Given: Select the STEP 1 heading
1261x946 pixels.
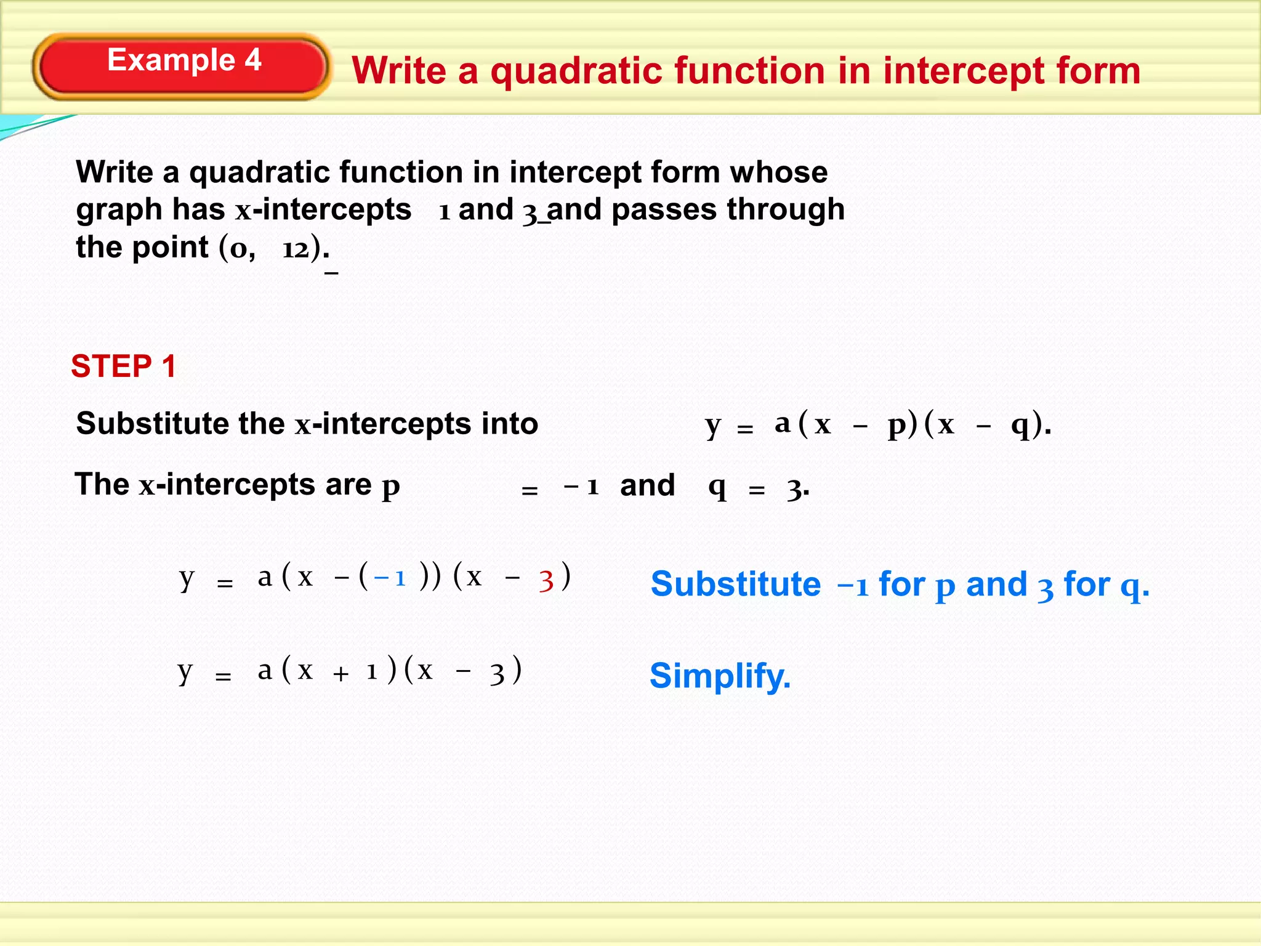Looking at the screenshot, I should coord(124,366).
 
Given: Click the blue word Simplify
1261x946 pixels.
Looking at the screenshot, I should coord(720,676).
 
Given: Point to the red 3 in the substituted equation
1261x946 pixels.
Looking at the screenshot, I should coord(546,580).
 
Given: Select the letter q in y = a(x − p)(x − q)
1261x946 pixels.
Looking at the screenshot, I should coord(1020,425).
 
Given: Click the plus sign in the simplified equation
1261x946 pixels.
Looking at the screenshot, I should coord(340,674).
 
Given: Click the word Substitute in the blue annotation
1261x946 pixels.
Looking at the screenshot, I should coord(735,584).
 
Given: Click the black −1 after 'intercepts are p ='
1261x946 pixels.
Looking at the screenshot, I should coord(581,487).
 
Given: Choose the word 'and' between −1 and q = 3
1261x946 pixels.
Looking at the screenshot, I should coord(647,485).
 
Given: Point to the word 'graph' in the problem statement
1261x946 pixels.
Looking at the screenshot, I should coord(119,211).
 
